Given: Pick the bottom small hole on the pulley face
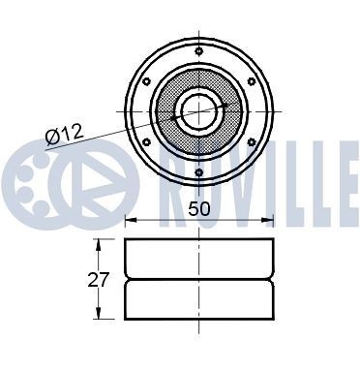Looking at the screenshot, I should point(198,173).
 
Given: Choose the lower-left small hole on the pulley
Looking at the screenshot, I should point(145,143).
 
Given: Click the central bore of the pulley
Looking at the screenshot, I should point(198,111).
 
